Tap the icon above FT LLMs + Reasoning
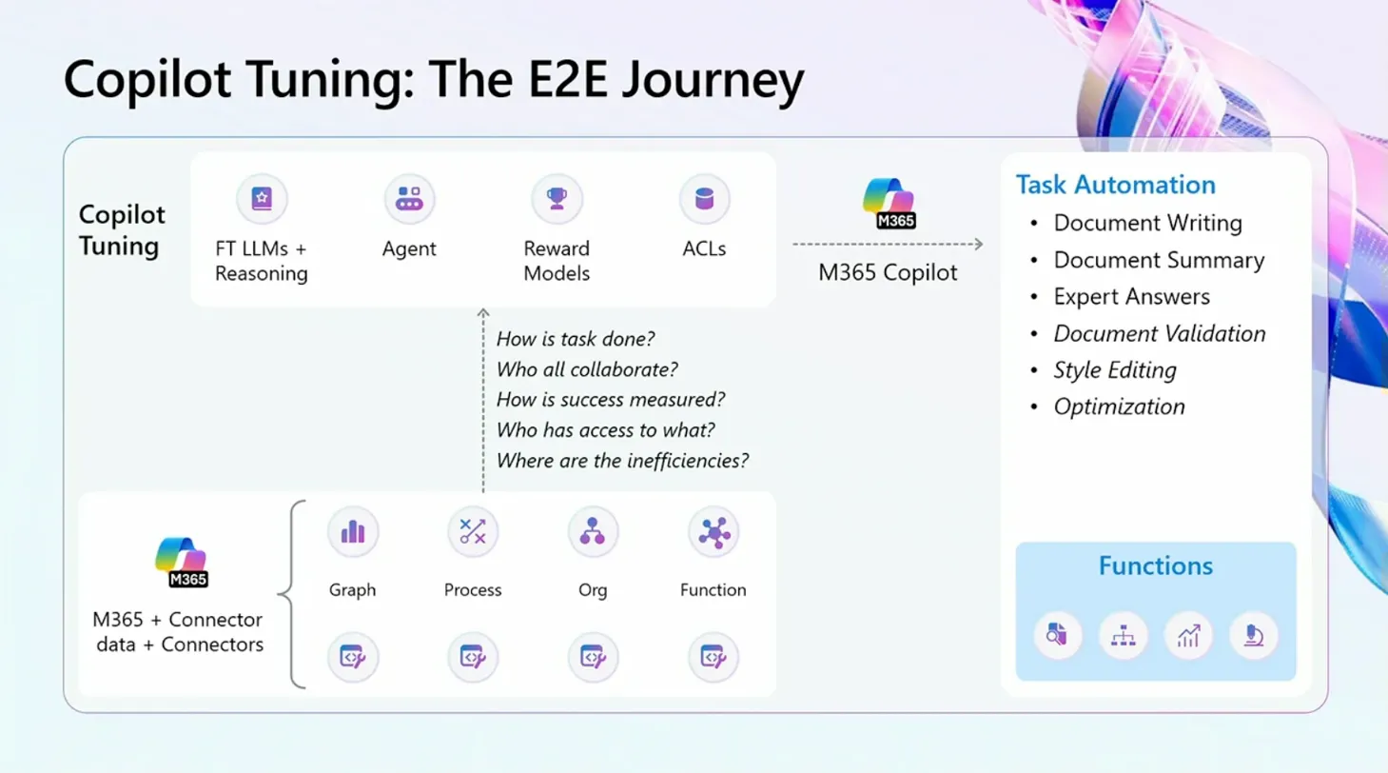pos(262,199)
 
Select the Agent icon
pos(409,199)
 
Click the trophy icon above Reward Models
pos(557,199)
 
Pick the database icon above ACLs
pos(704,199)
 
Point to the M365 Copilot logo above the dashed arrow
pos(889,203)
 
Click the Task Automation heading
pos(1115,185)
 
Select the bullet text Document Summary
pos(1159,260)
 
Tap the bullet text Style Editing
pos(1115,370)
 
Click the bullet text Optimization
pos(1119,406)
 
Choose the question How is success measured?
pos(611,399)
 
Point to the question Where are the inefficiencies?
pos(622,461)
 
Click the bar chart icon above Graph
pos(353,532)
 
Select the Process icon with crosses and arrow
pos(473,532)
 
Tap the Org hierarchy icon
pos(593,532)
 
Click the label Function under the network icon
pos(714,589)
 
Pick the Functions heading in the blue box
pos(1156,565)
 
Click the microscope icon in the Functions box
pos(1254,635)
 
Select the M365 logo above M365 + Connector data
pos(182,562)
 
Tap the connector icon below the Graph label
pos(353,657)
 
